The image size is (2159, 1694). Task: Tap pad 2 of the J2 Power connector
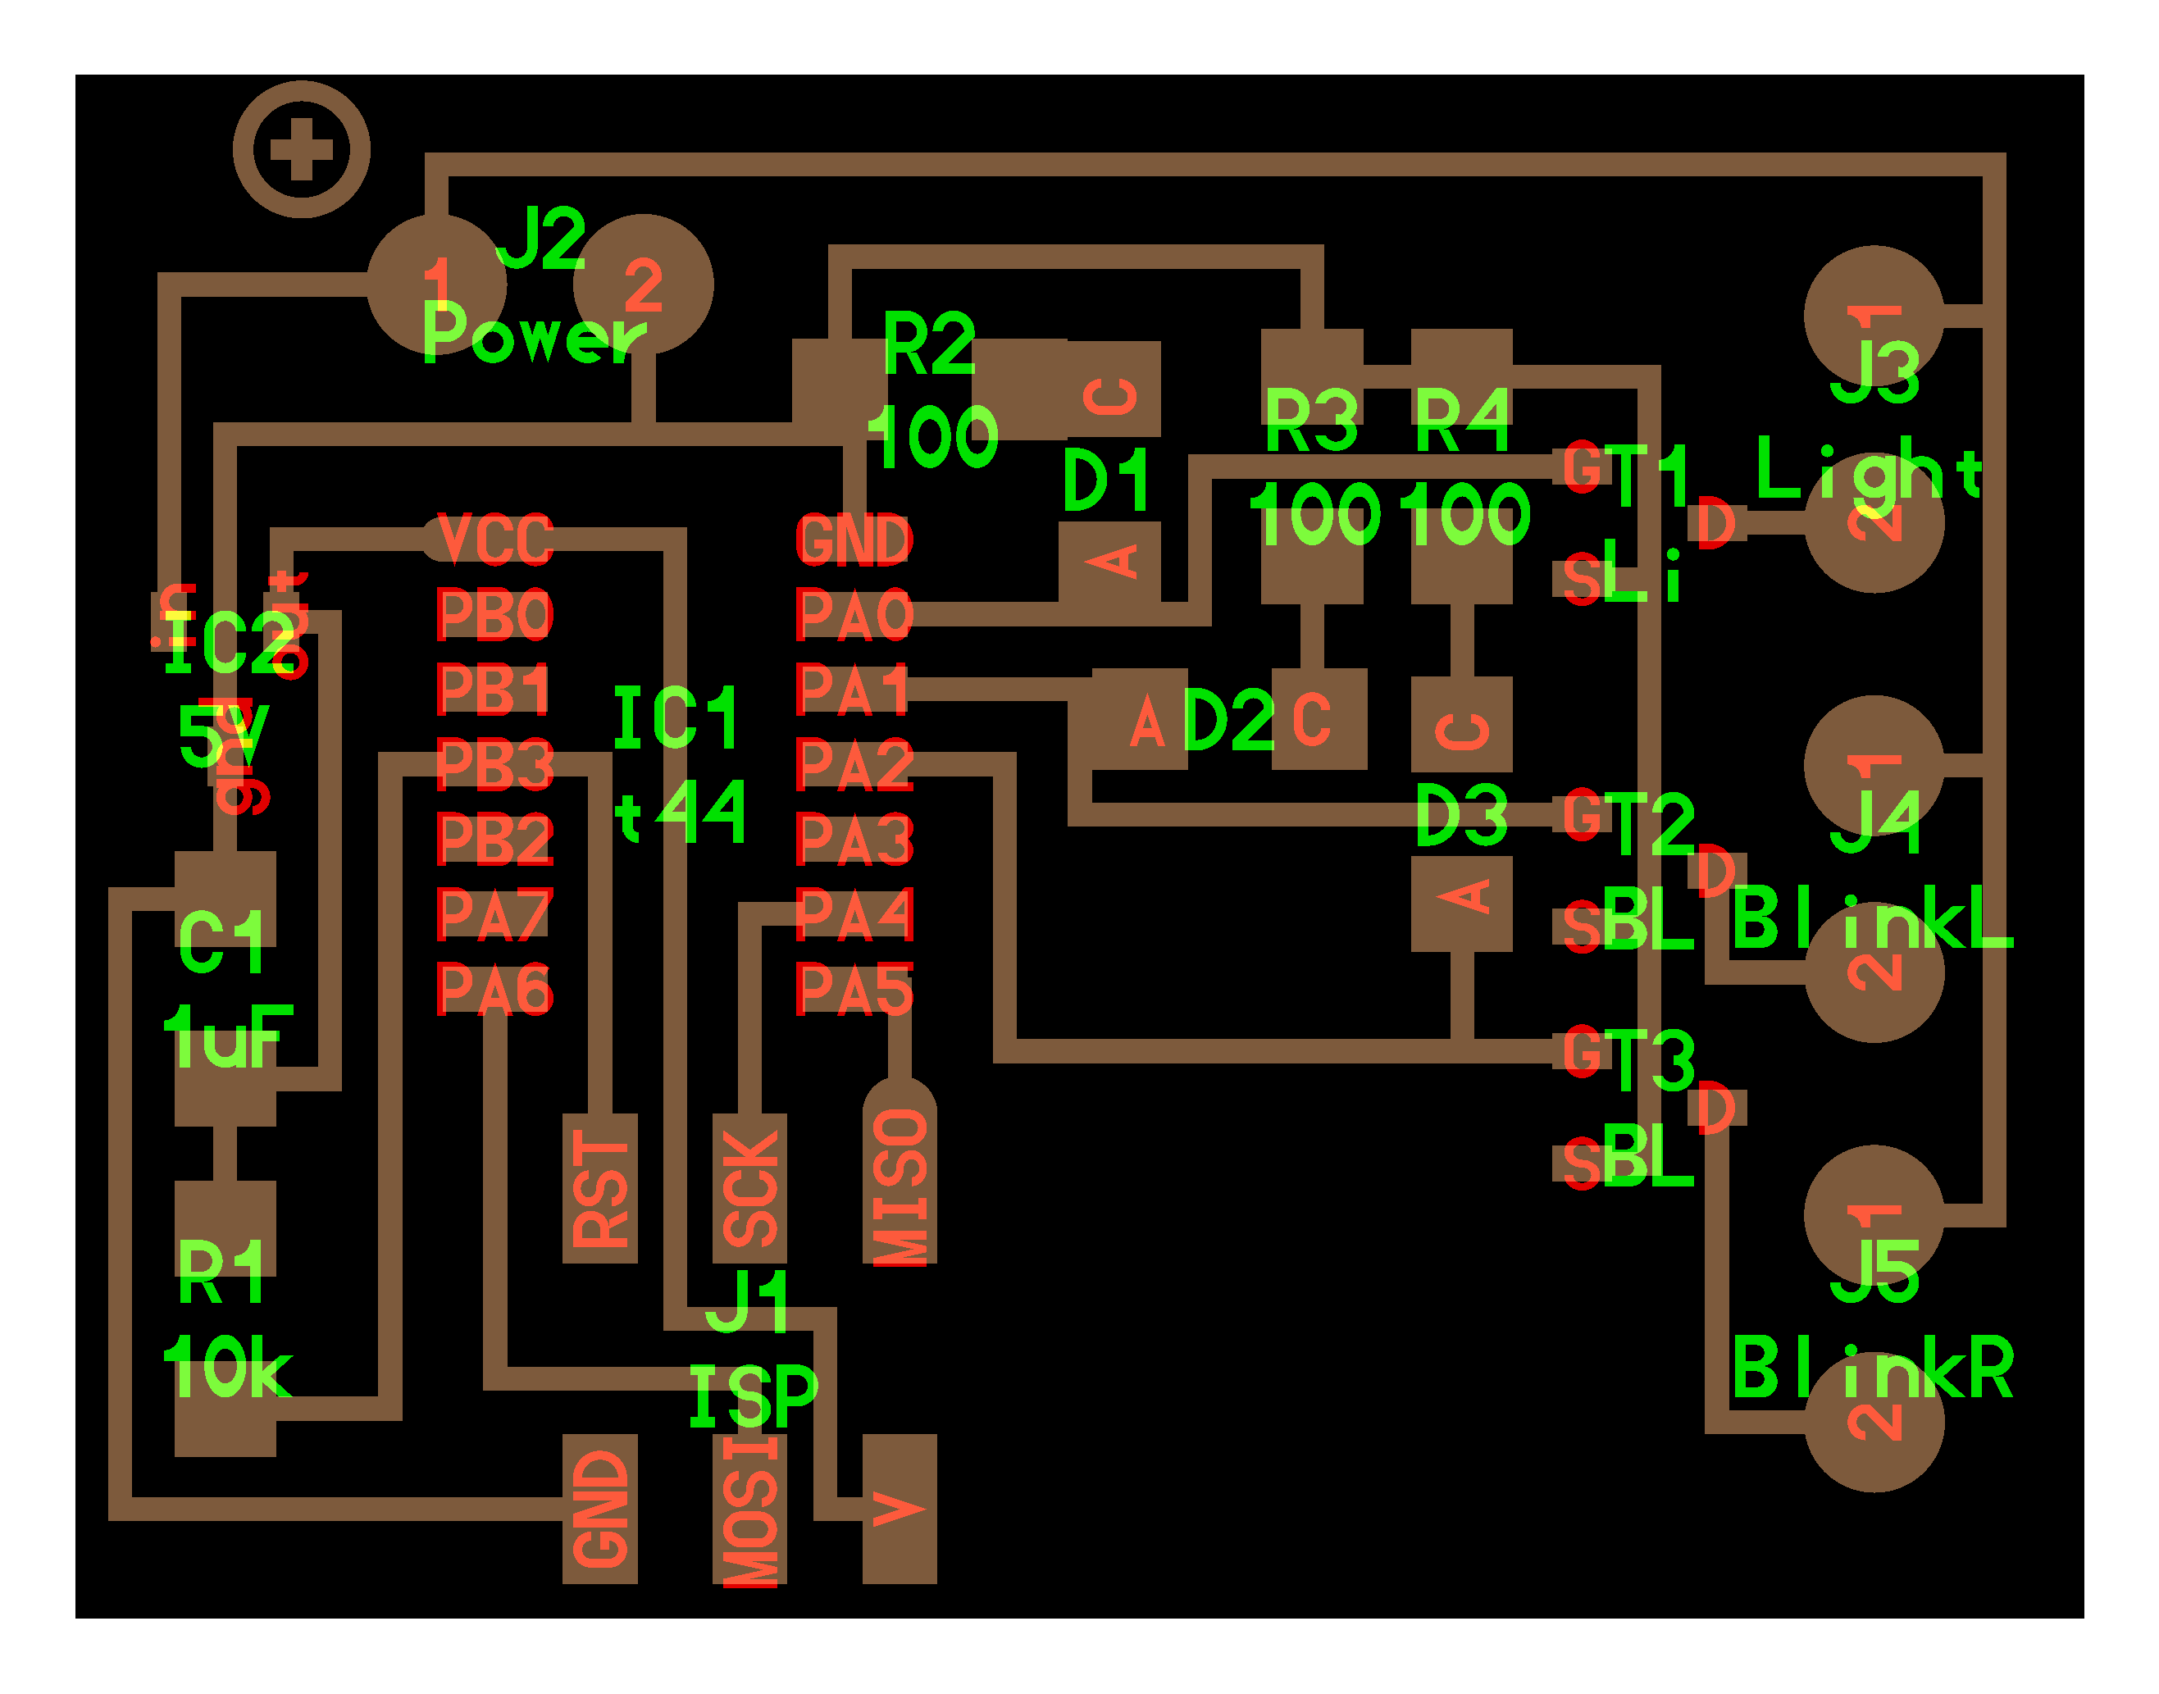tap(644, 285)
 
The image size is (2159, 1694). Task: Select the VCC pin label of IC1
tap(494, 540)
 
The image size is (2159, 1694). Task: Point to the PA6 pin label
tap(494, 989)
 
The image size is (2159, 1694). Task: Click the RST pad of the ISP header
tap(600, 1189)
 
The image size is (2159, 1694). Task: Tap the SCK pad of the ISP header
tap(749, 1189)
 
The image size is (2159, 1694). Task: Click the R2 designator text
tap(928, 344)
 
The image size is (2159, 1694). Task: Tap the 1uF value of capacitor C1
tap(228, 1037)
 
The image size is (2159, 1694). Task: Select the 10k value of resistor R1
tap(227, 1367)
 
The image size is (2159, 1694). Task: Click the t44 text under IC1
tap(681, 811)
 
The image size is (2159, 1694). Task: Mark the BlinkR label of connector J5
tap(1872, 1368)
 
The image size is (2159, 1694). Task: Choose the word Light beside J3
tap(1869, 470)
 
